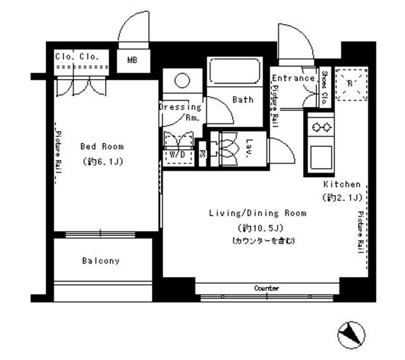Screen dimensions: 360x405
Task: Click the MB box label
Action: click(132, 61)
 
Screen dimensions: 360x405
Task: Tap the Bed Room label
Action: click(102, 146)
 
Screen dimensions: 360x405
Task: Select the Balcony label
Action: click(100, 261)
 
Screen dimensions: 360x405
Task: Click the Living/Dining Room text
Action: click(258, 213)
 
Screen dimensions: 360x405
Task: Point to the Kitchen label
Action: click(342, 184)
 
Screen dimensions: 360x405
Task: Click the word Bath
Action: click(242, 99)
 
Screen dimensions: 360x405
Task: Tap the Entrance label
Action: click(293, 78)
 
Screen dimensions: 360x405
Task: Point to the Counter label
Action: click(266, 288)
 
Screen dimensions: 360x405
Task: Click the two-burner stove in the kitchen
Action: click(320, 127)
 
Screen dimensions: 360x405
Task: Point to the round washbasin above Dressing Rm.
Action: click(182, 81)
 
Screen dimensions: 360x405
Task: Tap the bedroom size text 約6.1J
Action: click(102, 161)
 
